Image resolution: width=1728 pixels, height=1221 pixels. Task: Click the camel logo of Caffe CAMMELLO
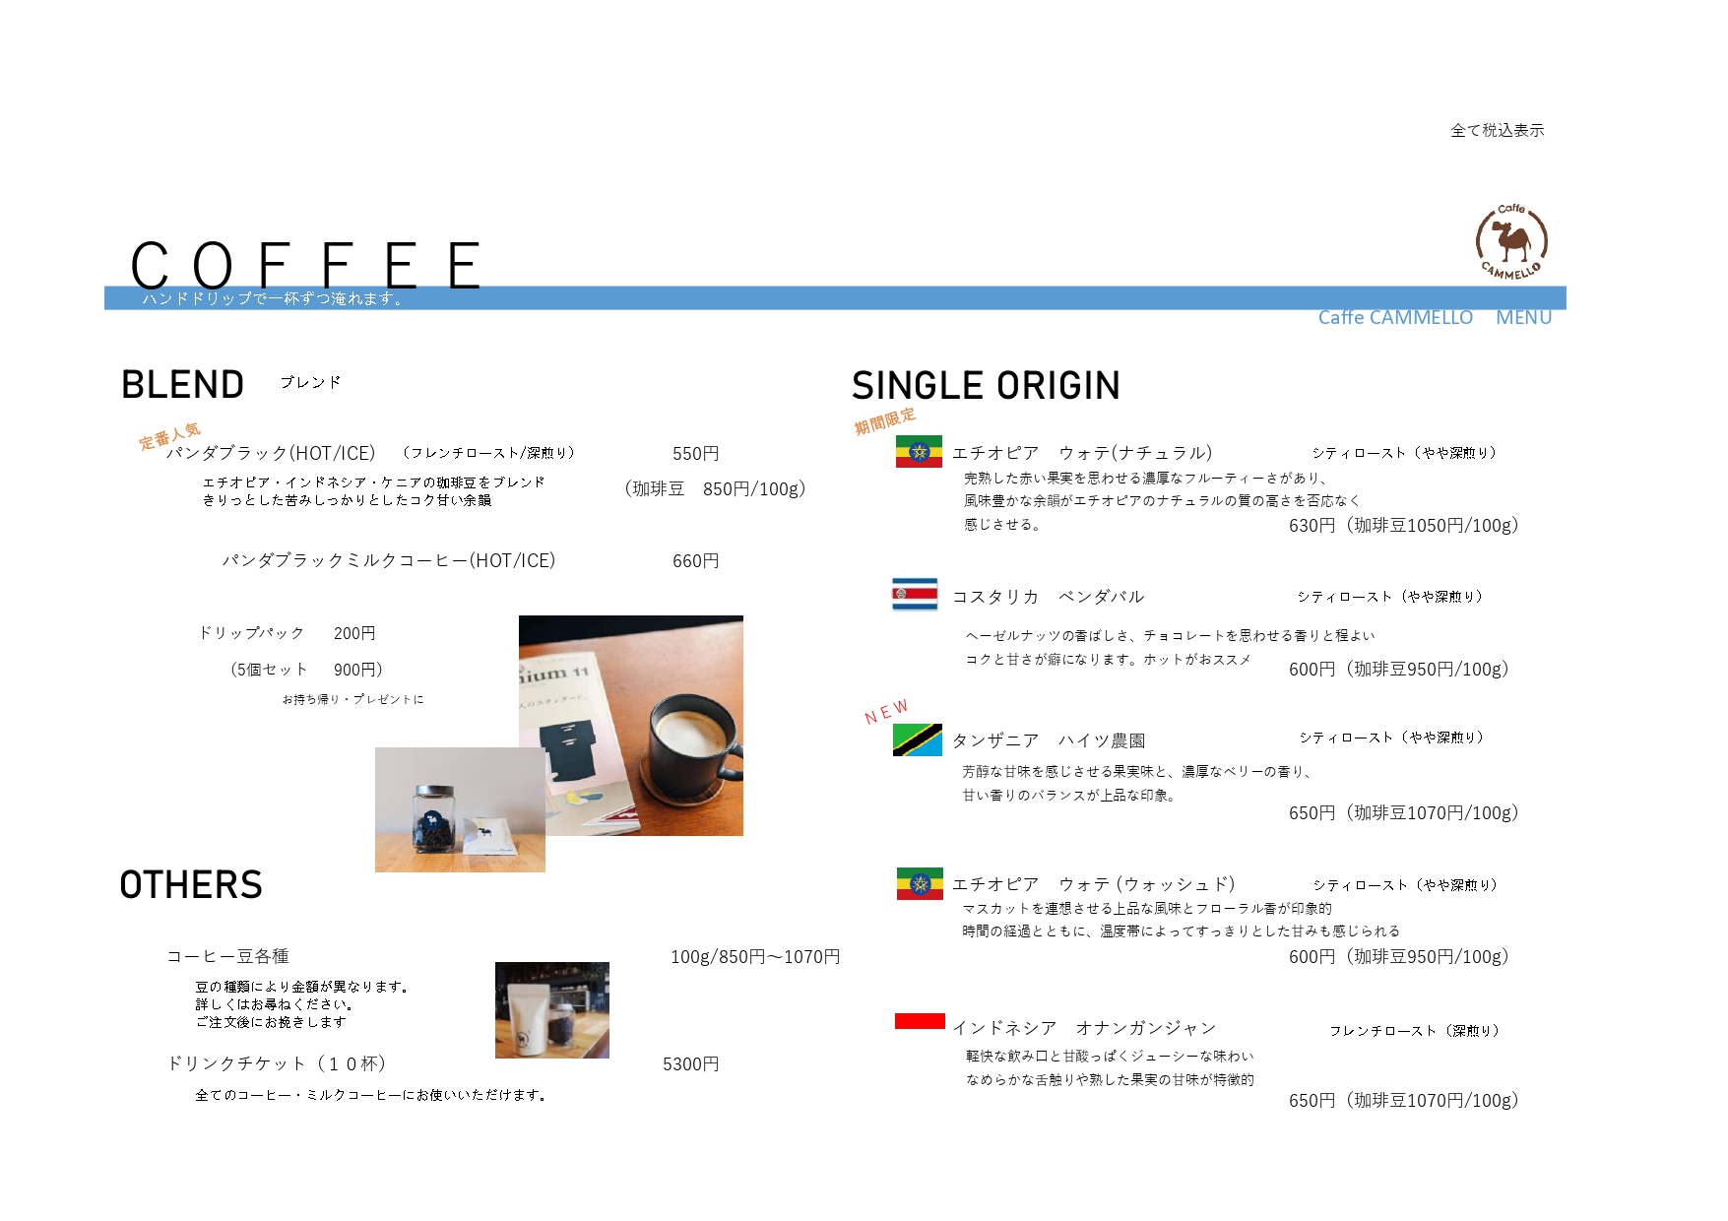pyautogui.click(x=1511, y=241)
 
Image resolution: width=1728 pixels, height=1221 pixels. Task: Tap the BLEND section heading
pyautogui.click(x=182, y=385)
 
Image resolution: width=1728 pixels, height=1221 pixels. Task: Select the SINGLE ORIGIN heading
pyautogui.click(x=986, y=386)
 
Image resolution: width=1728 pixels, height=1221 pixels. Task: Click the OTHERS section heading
pyautogui.click(x=191, y=885)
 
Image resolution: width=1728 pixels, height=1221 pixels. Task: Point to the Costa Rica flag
pyautogui.click(x=915, y=595)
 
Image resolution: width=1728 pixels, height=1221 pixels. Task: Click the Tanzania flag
pyautogui.click(x=918, y=740)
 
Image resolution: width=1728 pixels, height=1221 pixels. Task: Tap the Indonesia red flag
pyautogui.click(x=920, y=1021)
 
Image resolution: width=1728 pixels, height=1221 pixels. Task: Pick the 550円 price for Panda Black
pyautogui.click(x=695, y=454)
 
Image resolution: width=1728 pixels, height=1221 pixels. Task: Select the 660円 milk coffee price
pyautogui.click(x=695, y=561)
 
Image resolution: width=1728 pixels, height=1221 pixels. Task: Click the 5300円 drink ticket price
pyautogui.click(x=690, y=1064)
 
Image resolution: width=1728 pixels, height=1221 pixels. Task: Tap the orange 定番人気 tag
pyautogui.click(x=169, y=436)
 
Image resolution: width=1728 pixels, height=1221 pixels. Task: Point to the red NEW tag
pyautogui.click(x=886, y=712)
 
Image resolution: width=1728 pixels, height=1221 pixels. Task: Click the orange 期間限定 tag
pyautogui.click(x=885, y=421)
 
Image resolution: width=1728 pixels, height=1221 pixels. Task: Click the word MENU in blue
pyautogui.click(x=1523, y=317)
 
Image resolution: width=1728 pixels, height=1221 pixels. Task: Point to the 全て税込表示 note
pyautogui.click(x=1497, y=130)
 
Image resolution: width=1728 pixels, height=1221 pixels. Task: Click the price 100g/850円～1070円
pyautogui.click(x=755, y=957)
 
